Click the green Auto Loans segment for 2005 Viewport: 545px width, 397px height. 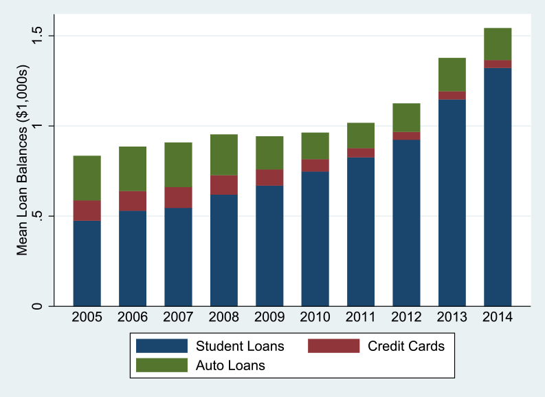pos(87,178)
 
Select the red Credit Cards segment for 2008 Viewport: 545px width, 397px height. pos(224,185)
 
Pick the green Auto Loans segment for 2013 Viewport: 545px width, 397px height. pos(452,74)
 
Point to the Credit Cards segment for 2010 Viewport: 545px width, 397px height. pos(315,165)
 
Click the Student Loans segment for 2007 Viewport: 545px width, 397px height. pos(178,257)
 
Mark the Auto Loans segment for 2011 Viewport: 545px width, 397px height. pos(361,136)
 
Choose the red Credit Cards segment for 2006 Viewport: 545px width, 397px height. pos(133,201)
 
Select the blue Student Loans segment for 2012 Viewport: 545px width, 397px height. pos(406,223)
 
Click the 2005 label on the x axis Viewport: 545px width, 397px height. pos(87,319)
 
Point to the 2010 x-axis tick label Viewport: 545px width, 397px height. pos(315,319)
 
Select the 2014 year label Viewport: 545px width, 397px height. pos(498,319)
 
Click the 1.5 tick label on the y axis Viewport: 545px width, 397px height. pos(38,36)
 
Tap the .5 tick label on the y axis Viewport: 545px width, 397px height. pos(38,216)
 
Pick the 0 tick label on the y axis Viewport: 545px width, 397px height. pos(38,306)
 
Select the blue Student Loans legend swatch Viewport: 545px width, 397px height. pos(162,345)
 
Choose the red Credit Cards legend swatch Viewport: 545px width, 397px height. pos(333,345)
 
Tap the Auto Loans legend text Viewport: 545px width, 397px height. pos(231,365)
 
